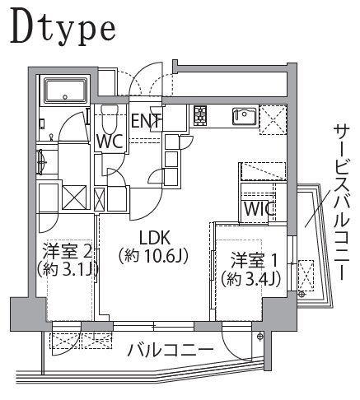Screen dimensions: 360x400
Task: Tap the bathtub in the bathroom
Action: (x=66, y=91)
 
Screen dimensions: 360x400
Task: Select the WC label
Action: (x=110, y=142)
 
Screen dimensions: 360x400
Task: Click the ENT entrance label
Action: (x=146, y=121)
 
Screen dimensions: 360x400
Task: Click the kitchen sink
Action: (x=245, y=116)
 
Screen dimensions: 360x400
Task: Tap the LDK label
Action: (x=155, y=238)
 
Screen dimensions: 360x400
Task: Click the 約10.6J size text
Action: (x=153, y=256)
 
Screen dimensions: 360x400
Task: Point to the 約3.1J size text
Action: (x=68, y=269)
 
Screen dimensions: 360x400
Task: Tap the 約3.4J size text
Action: (x=251, y=279)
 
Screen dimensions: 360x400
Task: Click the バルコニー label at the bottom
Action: (x=171, y=350)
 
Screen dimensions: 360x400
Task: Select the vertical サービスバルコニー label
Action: (x=341, y=203)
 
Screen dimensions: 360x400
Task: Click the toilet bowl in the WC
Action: (x=110, y=120)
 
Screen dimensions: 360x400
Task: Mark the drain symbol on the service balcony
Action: (x=302, y=295)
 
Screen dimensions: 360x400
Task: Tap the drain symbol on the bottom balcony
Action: (x=259, y=336)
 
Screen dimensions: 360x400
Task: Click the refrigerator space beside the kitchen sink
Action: (x=273, y=120)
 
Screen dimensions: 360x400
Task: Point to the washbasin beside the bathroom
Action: (x=43, y=161)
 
